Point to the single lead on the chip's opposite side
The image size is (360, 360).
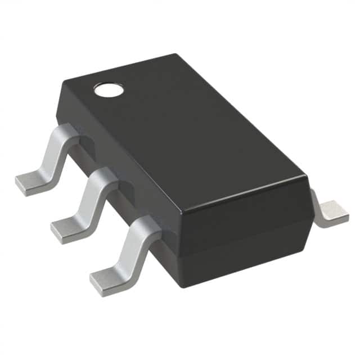click(331, 211)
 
